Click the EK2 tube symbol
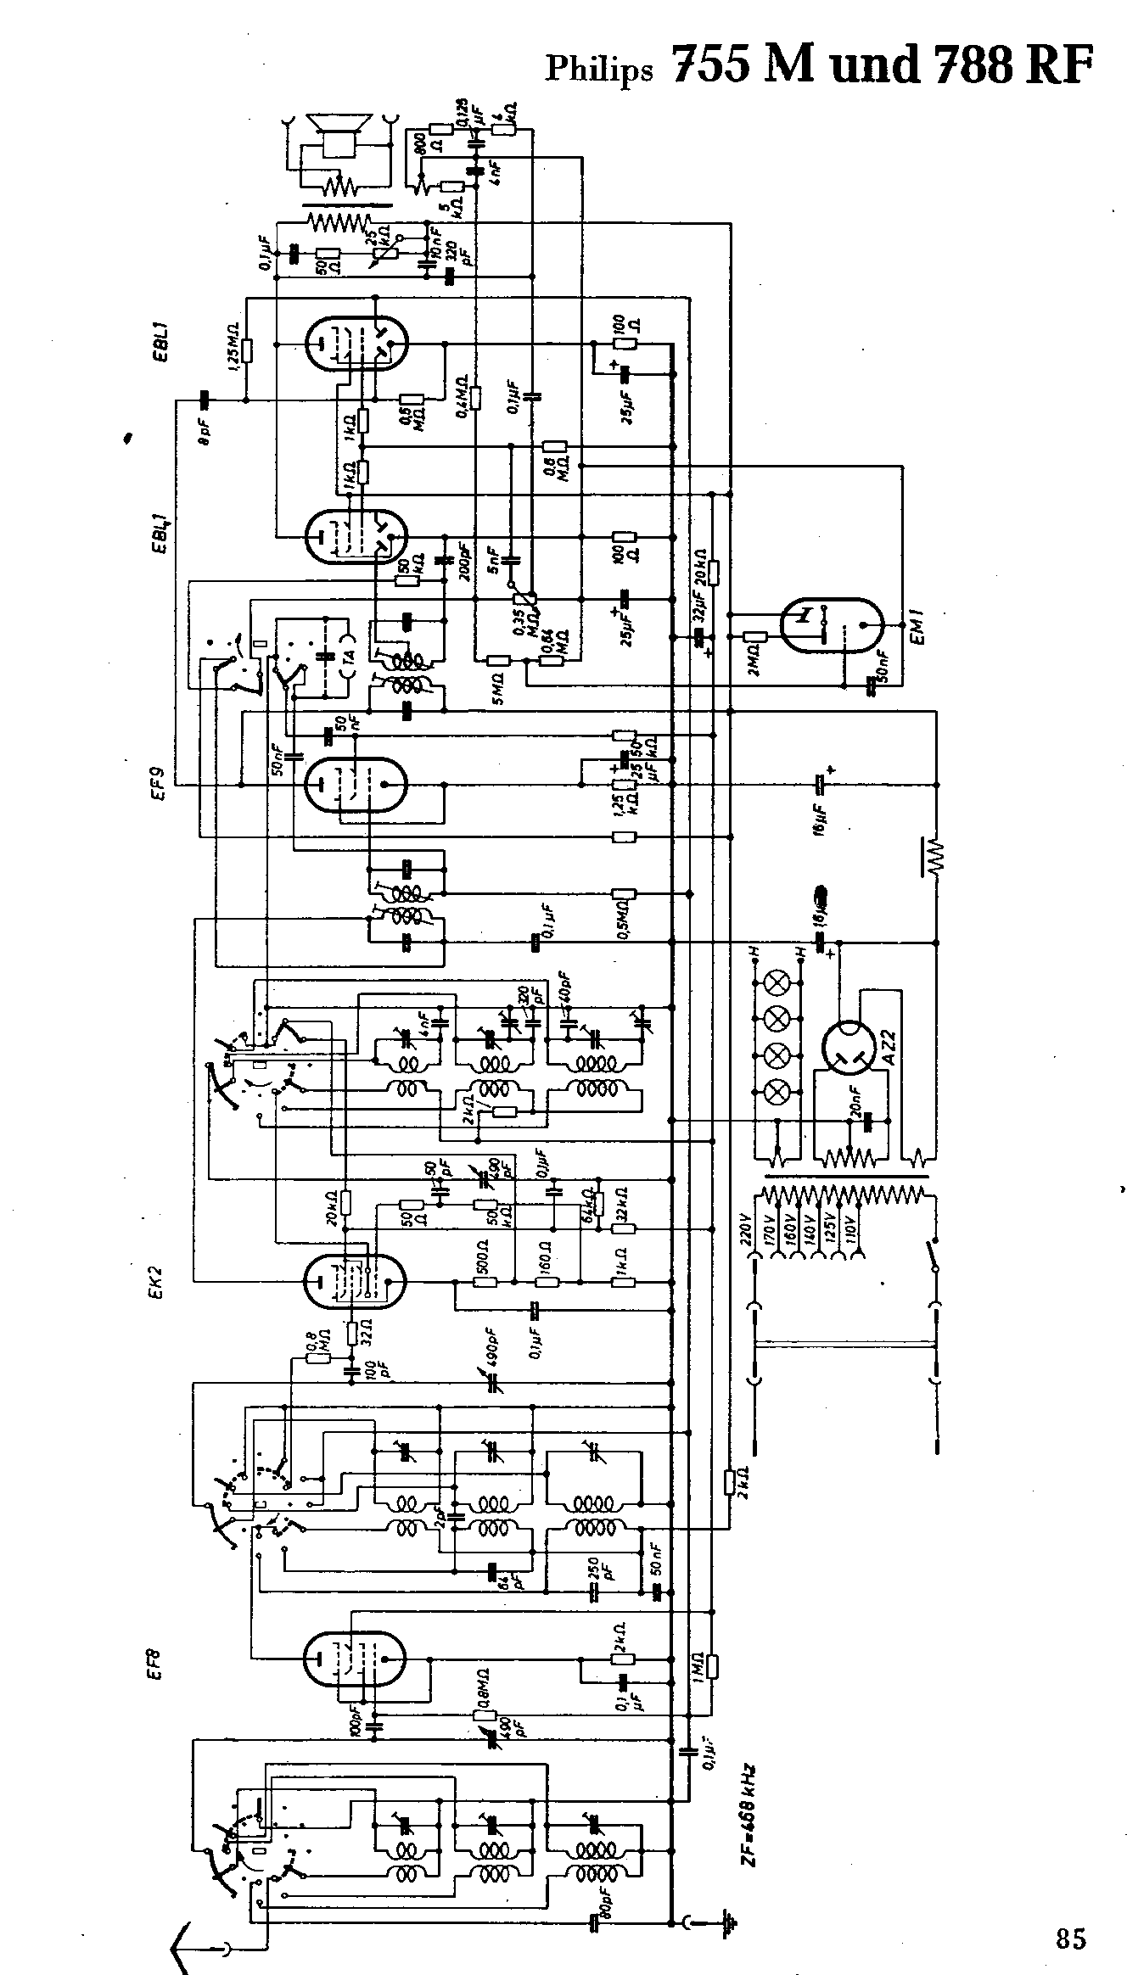(x=355, y=1281)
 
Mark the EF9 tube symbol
(x=356, y=785)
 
